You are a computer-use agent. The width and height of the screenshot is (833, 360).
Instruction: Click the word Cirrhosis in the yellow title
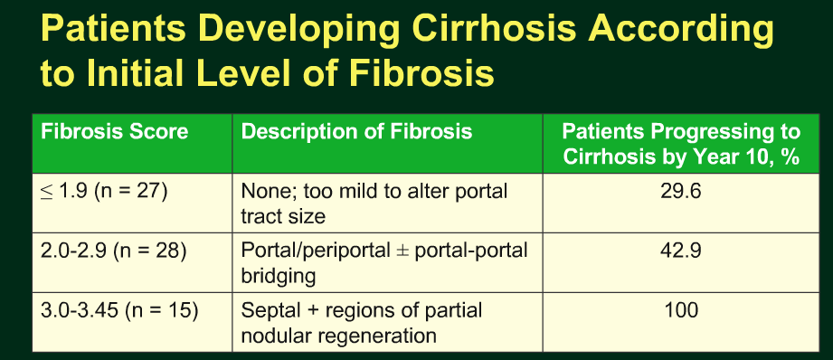coord(494,29)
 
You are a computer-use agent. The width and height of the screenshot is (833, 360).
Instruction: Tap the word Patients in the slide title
coord(113,29)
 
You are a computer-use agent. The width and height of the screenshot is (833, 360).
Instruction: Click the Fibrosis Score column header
coord(115,132)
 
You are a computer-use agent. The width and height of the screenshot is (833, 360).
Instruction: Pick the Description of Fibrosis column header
coord(356,132)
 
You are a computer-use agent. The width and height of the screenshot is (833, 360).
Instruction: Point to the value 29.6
coord(681,191)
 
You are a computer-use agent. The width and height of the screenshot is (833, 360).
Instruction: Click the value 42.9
coord(681,251)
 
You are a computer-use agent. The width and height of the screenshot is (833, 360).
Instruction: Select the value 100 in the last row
coord(681,310)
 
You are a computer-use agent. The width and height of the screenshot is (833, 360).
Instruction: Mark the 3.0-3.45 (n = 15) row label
coord(119,310)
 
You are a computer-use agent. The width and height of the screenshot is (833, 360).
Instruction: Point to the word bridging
coord(279,277)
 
